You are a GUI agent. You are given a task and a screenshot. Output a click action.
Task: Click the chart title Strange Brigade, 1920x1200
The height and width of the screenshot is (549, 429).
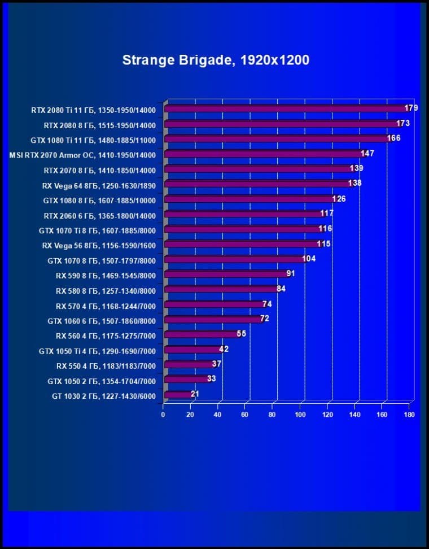216,60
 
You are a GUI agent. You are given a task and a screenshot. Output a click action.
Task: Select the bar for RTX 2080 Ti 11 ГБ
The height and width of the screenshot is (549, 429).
285,108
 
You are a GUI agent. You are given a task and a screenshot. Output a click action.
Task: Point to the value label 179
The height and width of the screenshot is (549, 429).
411,108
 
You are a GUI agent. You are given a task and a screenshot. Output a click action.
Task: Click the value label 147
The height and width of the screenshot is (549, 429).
367,153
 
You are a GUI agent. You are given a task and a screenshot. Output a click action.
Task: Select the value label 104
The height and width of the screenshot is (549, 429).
309,259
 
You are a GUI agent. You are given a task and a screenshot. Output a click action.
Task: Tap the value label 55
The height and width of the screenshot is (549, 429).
241,334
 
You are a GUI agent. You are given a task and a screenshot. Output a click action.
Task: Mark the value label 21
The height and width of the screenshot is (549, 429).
195,394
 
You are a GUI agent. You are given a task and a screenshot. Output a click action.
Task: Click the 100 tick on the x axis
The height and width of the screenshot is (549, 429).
300,415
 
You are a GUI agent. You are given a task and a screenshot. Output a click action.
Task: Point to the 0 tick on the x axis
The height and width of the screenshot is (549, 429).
163,415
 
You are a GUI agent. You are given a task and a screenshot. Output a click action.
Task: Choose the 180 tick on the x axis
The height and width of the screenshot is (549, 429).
409,415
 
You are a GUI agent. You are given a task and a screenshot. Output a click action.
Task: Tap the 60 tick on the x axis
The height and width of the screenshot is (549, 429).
245,415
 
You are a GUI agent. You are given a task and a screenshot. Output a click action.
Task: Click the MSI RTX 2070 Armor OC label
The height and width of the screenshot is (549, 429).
82,155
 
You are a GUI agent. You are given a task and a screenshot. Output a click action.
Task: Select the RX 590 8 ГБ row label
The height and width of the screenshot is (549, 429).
106,276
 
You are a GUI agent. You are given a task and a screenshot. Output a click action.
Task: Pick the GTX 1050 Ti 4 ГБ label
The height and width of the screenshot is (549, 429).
97,351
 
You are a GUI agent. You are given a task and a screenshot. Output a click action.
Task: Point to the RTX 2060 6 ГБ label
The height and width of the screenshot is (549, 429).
99,215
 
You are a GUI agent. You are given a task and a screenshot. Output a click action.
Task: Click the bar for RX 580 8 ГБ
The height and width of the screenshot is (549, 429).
218,289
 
